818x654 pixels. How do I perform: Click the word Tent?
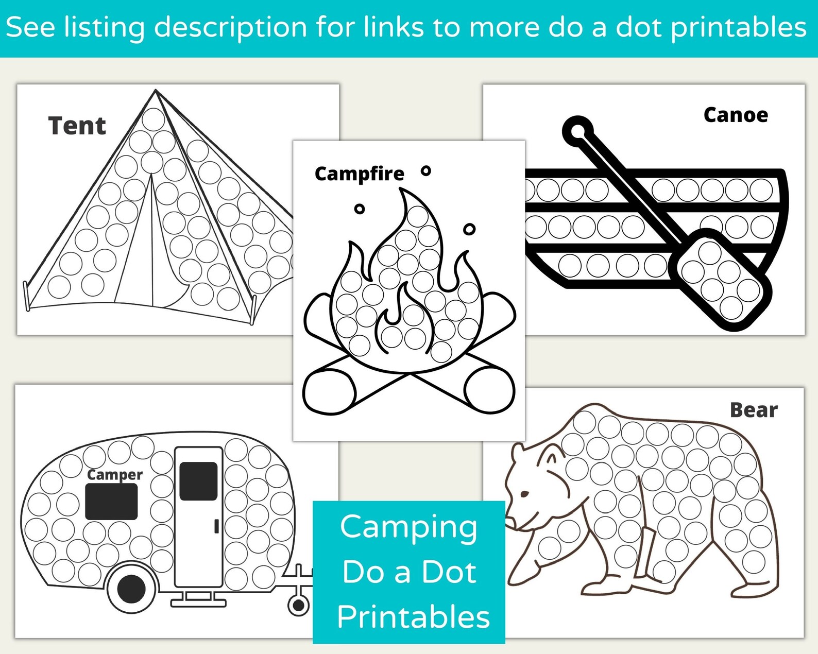(77, 126)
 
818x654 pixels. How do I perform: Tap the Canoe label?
(736, 115)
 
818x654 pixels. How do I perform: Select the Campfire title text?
(359, 175)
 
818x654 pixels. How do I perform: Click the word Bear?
(754, 410)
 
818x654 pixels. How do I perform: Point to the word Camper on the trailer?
(115, 475)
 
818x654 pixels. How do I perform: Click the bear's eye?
(524, 494)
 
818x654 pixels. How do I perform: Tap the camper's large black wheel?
(131, 589)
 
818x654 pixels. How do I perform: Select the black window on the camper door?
(198, 481)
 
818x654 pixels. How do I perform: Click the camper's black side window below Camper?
(111, 502)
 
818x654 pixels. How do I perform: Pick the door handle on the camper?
(217, 526)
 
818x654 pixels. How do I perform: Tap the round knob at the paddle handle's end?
(578, 131)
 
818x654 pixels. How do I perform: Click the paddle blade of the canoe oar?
(720, 280)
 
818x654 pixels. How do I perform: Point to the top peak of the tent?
(156, 90)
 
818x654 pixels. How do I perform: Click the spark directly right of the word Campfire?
(425, 171)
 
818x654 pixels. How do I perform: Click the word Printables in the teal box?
(413, 617)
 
